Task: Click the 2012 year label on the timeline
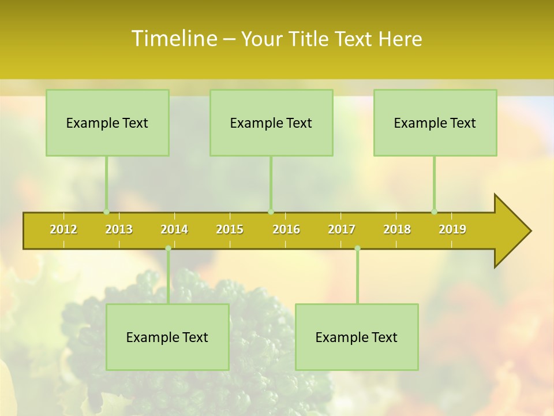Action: point(63,229)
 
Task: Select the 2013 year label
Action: point(119,229)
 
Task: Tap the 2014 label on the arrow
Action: point(174,229)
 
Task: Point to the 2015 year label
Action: point(230,229)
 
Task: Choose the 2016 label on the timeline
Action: point(286,229)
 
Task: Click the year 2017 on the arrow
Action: point(342,229)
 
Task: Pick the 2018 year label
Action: point(397,229)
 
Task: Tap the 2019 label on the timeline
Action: point(452,229)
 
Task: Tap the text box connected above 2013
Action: point(107,122)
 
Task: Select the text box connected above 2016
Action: point(271,122)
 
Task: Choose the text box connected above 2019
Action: point(435,122)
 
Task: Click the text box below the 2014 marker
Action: point(167,337)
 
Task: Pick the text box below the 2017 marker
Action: point(357,337)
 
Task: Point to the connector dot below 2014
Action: point(168,248)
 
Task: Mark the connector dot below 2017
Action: point(357,248)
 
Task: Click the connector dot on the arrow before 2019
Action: point(435,211)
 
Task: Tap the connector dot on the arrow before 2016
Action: point(271,211)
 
